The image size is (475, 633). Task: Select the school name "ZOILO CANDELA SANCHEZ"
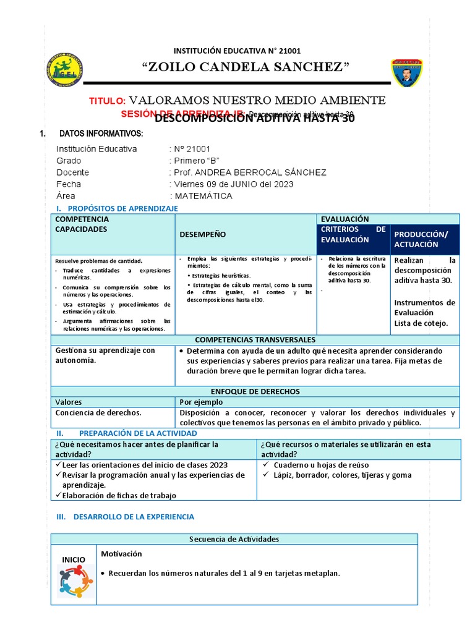click(x=246, y=67)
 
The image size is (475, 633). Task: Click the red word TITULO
click(x=107, y=101)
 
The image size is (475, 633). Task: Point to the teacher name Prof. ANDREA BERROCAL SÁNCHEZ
click(x=249, y=172)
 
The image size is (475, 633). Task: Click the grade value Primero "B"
click(x=193, y=161)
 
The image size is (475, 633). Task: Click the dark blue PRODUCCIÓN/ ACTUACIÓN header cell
click(x=424, y=239)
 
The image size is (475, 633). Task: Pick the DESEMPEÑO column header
click(x=202, y=234)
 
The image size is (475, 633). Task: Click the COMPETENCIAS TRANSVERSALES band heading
click(x=255, y=340)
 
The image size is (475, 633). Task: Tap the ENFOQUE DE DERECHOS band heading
click(x=255, y=391)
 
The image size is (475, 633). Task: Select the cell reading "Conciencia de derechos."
click(x=98, y=412)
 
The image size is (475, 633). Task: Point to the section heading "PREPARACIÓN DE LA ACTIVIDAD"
click(x=138, y=433)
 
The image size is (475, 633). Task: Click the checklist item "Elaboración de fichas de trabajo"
click(x=119, y=495)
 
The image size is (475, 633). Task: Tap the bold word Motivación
click(x=121, y=554)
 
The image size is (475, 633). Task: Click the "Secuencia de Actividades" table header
click(x=234, y=539)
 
